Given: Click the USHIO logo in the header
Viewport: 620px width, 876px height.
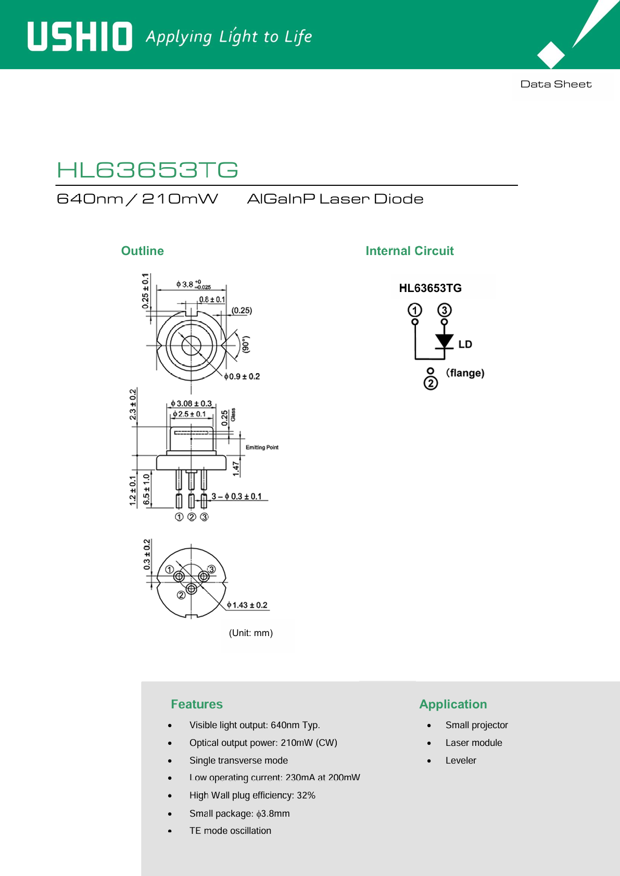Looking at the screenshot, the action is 80,36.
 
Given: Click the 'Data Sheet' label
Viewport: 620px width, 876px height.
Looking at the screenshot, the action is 556,84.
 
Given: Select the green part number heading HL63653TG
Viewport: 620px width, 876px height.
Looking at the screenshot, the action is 147,170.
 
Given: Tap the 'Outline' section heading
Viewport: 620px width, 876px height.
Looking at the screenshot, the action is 143,251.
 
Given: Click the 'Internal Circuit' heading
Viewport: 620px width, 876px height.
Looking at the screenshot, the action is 410,251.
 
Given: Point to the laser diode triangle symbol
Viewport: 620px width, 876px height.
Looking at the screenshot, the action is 445,340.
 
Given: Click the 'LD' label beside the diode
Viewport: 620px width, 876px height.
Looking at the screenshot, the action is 465,344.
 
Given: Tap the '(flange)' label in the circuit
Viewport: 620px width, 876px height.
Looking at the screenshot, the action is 465,373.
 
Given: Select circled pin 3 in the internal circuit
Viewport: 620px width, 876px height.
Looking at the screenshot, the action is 445,310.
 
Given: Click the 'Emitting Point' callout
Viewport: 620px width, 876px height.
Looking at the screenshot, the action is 262,447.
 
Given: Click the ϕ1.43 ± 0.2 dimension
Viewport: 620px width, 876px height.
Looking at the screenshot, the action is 247,605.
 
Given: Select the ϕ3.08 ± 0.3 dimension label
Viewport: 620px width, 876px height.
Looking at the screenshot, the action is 191,403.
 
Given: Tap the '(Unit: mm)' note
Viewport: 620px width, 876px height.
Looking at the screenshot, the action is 251,633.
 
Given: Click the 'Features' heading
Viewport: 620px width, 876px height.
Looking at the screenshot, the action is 197,704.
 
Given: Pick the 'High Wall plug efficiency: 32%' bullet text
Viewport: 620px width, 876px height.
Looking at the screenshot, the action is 252,795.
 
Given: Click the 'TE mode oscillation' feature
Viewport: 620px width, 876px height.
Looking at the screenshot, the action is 230,830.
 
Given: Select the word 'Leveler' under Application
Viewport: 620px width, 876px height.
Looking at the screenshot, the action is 461,760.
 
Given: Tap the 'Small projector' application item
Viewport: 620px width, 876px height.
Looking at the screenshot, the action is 476,725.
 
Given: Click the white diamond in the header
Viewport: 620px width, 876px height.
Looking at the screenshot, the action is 551,55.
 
